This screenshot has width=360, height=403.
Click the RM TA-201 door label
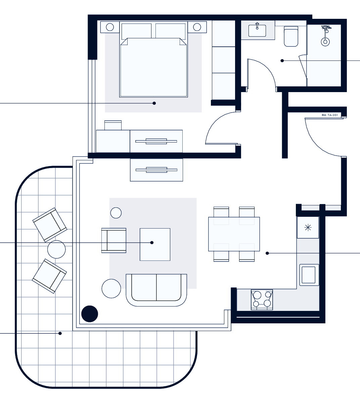[330, 115]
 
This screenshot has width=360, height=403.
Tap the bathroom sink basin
[257, 31]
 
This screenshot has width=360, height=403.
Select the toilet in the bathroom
[291, 36]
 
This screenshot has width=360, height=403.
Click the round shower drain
[325, 41]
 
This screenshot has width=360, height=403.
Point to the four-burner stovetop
[262, 300]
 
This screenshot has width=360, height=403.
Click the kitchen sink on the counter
[308, 275]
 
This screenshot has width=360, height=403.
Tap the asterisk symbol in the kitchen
[308, 228]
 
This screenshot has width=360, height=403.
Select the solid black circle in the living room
[90, 314]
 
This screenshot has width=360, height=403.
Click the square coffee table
[155, 244]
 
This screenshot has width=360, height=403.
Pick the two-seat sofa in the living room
[156, 290]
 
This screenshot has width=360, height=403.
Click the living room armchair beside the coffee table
[114, 240]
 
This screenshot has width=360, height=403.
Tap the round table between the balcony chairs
[56, 249]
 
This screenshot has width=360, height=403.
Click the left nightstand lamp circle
[110, 27]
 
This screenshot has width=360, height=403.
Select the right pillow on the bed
[171, 31]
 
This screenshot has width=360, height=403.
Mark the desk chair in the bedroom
[113, 125]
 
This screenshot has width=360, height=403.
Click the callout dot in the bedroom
[154, 103]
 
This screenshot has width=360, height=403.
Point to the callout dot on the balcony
[60, 333]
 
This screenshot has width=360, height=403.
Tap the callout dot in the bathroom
[282, 61]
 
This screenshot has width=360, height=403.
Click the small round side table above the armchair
[116, 213]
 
